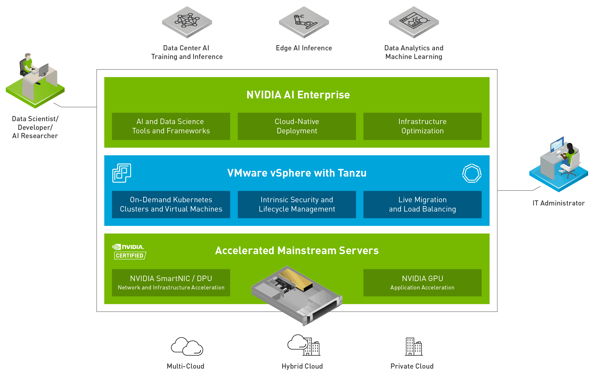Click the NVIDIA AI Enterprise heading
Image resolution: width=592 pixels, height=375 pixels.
298,95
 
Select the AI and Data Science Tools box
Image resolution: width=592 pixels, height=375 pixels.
171,126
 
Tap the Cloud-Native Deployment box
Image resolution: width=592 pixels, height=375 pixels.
297,126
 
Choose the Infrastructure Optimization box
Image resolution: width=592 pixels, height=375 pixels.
422,126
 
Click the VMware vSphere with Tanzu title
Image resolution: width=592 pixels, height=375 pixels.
297,173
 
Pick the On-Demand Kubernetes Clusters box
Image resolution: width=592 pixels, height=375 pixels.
171,204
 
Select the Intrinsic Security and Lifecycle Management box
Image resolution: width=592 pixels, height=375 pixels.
297,204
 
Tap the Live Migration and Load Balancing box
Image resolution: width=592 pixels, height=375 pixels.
422,204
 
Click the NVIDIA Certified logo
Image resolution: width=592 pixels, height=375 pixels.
129,252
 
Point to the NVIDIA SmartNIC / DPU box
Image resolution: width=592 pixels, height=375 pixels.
171,283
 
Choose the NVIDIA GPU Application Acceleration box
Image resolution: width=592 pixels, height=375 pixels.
422,283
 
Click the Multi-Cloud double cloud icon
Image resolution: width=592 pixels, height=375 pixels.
187,346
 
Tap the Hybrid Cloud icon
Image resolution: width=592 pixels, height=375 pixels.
304,345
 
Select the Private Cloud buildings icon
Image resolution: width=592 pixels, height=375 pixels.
414,347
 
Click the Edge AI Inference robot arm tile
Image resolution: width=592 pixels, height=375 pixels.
304,22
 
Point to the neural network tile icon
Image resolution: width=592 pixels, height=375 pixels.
187,22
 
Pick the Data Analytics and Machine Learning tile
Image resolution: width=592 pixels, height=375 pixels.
414,22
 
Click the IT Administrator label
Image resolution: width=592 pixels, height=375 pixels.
559,203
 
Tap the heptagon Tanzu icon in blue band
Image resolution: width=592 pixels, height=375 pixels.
472,173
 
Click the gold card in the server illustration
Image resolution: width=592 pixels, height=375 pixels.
295,279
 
